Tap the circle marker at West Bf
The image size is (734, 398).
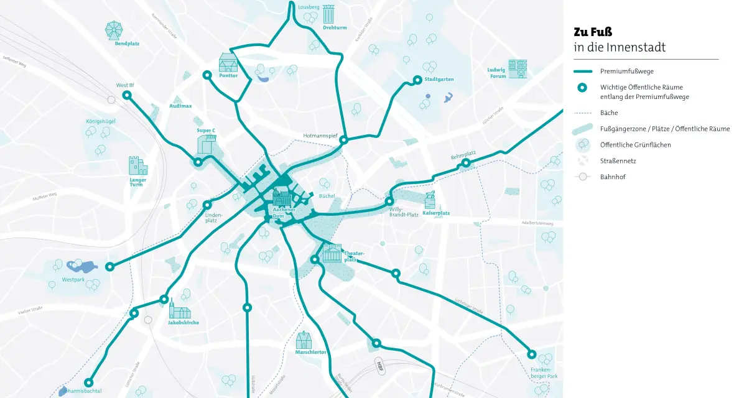[x=127, y=95]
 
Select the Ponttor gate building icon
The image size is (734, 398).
[x=228, y=62]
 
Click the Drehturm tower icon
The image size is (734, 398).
[x=328, y=14]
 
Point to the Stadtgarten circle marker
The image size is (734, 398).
[x=418, y=80]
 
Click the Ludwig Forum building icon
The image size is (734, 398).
[x=517, y=69]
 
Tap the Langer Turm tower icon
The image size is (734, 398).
[x=137, y=165]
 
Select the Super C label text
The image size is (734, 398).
[x=206, y=131]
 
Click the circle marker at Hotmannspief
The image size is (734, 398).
[x=343, y=141]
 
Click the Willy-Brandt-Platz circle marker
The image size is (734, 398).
[x=389, y=201]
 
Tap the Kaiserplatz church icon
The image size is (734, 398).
[x=430, y=200]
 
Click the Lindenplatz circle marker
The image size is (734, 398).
[x=207, y=205]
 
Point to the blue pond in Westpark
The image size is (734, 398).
[x=81, y=267]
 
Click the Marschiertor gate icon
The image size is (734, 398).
[x=304, y=340]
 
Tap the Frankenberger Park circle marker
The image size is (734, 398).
[x=531, y=354]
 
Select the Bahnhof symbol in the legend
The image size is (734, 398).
[x=583, y=177]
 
